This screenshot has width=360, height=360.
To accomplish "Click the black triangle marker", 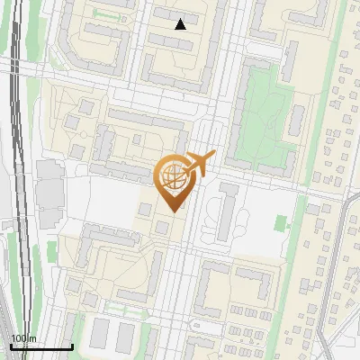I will click(181, 24).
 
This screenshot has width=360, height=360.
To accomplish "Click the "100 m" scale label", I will click(22, 338).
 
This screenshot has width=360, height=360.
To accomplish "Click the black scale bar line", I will click(40, 346).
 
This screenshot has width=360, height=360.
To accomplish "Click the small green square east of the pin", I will click(281, 221).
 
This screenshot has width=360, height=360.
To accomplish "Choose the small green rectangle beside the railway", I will click(52, 250).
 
